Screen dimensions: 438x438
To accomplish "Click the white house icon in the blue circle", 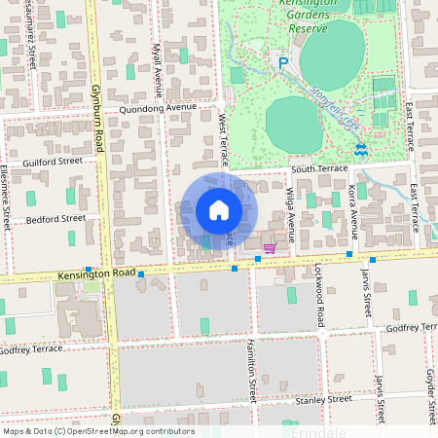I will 219,210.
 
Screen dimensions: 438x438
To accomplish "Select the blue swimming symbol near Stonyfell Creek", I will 361,150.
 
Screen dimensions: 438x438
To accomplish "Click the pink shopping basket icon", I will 270,248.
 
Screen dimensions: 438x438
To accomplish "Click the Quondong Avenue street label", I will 158,110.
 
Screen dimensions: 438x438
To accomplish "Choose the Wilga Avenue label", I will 290,216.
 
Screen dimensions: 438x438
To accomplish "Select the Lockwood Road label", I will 318,295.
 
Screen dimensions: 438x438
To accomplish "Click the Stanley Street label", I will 326,399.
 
